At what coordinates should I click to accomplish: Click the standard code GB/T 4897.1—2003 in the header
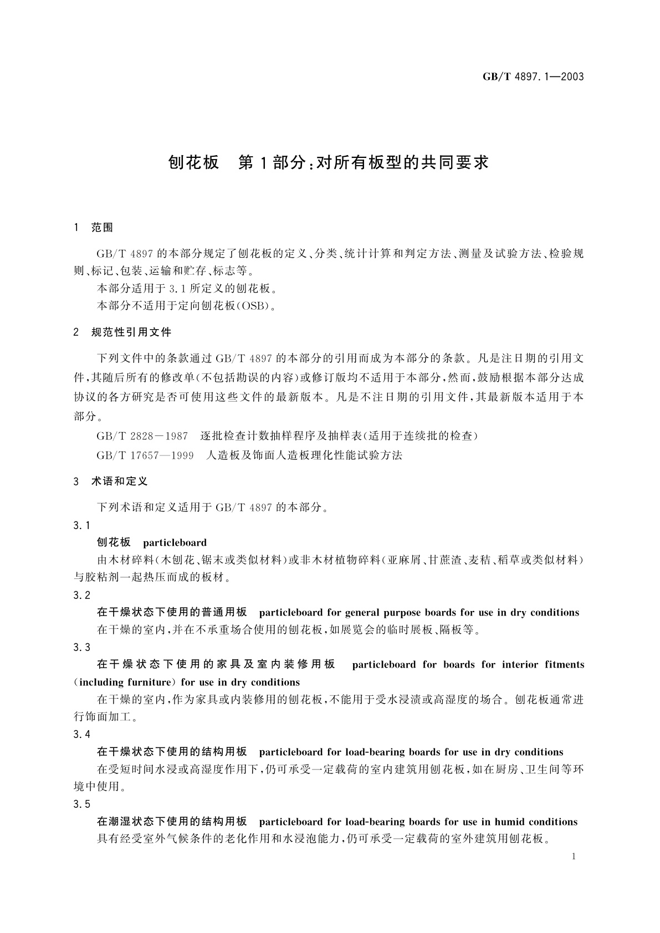(533, 77)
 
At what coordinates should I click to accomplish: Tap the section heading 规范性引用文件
(131, 332)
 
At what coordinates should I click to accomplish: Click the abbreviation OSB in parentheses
(254, 306)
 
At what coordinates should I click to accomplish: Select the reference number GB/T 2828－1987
(142, 436)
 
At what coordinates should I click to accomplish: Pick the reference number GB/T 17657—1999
(145, 455)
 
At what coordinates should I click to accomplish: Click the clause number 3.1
(81, 525)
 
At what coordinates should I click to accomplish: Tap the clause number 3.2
(81, 595)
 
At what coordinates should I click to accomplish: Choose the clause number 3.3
(81, 647)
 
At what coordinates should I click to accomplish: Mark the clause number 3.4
(81, 734)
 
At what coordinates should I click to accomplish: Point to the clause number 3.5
(81, 804)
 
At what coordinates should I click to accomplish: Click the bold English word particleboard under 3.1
(175, 543)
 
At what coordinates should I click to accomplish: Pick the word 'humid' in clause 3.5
(509, 822)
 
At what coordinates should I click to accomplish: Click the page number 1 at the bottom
(573, 857)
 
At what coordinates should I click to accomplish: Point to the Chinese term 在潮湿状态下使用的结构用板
(172, 822)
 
